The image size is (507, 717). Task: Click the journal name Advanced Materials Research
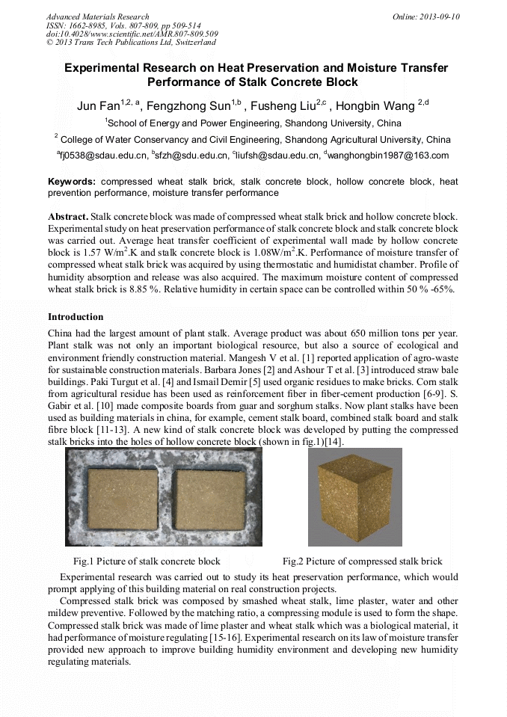point(97,16)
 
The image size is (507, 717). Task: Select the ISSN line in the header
point(123,25)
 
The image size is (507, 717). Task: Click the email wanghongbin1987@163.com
point(388,156)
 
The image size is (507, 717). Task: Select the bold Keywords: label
point(72,182)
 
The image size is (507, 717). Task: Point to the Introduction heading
point(76,317)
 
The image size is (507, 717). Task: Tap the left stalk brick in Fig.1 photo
point(123,499)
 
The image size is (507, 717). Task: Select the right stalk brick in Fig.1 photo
point(209,499)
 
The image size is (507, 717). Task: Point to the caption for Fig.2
point(362,561)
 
